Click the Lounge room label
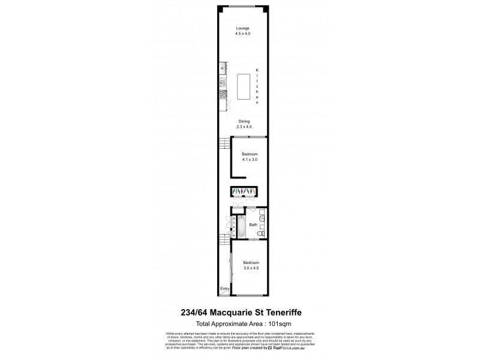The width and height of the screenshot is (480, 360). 242,28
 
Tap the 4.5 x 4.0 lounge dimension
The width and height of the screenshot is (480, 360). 242,34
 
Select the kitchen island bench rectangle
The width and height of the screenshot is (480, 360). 243,87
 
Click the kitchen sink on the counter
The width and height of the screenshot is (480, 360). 223,82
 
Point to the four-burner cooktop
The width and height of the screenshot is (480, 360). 223,94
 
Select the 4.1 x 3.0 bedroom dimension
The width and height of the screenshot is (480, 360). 250,160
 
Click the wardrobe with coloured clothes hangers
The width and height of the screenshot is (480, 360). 244,192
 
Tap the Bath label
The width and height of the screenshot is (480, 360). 254,225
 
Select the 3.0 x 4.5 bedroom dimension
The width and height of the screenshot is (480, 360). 251,268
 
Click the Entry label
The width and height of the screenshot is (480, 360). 224,289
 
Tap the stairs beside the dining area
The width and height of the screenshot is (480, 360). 224,144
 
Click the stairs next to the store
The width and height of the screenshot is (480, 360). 224,240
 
